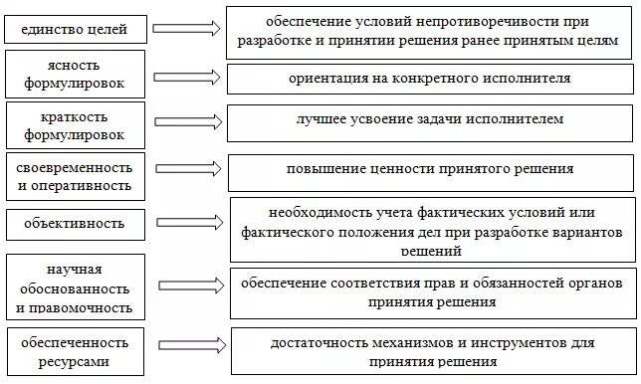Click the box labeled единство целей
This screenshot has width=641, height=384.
(75, 29)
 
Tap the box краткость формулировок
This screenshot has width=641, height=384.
(75, 124)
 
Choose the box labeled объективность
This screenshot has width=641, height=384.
(75, 223)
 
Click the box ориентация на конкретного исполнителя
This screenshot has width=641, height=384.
(429, 79)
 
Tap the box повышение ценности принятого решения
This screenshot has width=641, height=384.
(429, 171)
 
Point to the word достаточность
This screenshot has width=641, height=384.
(318, 344)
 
